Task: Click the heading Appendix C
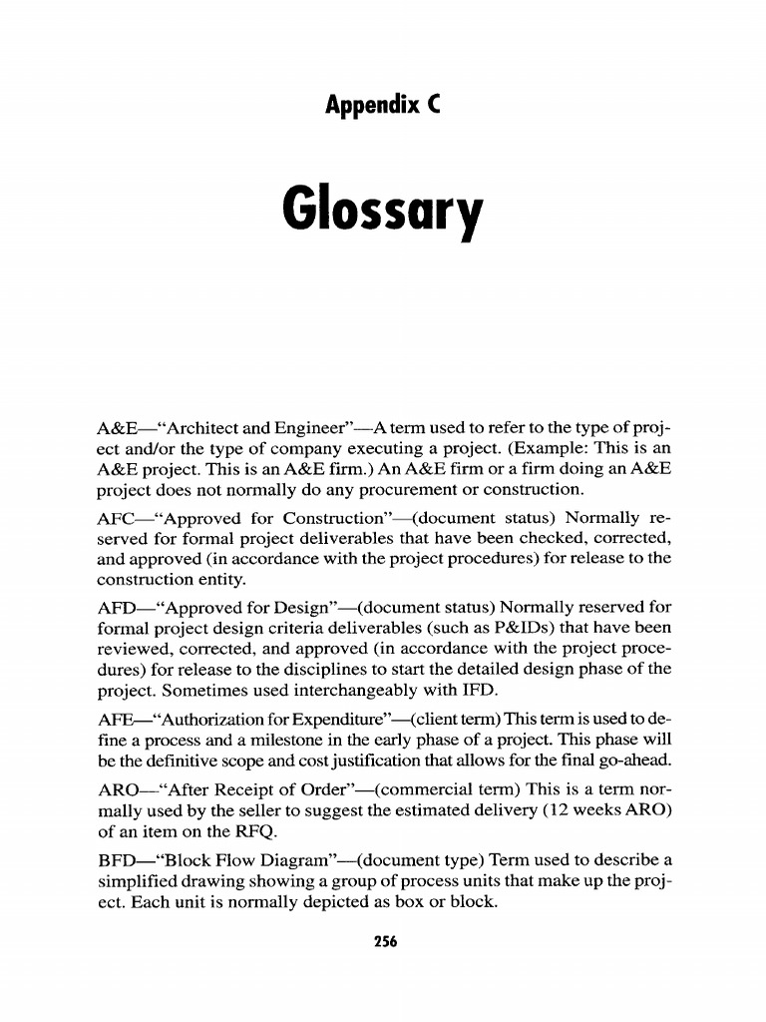[382, 103]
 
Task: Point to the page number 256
[382, 941]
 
